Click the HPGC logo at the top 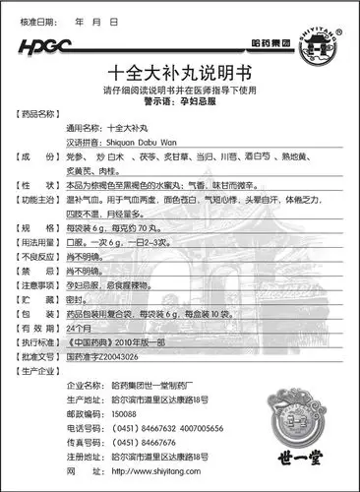click(x=44, y=45)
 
